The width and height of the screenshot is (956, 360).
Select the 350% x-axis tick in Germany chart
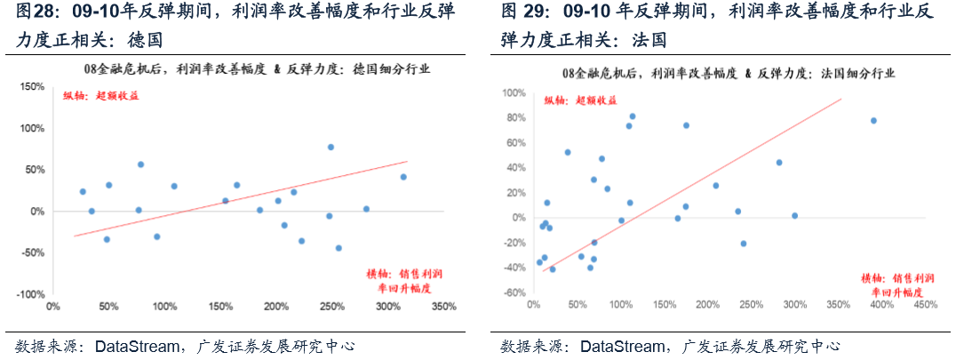[444, 307]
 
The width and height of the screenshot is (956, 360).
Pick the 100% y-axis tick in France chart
[514, 93]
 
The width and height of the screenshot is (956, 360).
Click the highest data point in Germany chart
[331, 147]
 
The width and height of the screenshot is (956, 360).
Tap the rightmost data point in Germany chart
[403, 177]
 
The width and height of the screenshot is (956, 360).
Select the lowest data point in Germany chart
[339, 248]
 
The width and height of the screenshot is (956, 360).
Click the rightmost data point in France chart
[873, 121]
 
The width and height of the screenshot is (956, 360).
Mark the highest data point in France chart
[633, 116]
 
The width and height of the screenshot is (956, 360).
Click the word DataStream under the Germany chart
[135, 348]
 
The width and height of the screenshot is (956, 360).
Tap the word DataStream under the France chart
[621, 348]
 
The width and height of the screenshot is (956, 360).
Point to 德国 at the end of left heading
[145, 40]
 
